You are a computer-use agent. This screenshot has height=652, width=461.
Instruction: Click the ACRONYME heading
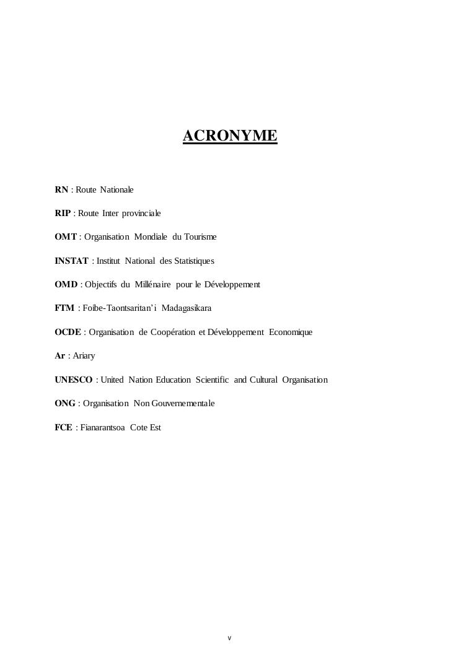(230, 136)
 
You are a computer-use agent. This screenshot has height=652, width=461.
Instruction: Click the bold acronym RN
(61, 189)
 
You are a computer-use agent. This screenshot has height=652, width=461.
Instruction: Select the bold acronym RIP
(63, 213)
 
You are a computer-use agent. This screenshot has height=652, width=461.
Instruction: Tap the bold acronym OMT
(66, 237)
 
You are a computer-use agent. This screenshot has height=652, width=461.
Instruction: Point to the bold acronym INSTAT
(71, 261)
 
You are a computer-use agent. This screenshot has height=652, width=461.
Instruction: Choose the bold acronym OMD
(66, 285)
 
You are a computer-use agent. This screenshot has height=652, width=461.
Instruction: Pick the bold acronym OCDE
(68, 333)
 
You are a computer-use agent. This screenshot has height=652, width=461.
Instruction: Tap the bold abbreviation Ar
(59, 356)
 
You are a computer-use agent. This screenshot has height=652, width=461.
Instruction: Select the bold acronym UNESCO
(74, 380)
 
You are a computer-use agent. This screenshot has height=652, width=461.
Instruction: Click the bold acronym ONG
(65, 404)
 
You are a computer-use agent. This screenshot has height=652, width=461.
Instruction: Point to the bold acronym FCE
(63, 427)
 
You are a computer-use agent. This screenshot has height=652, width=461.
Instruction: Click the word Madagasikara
(186, 308)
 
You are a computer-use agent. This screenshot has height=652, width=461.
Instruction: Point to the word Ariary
(84, 356)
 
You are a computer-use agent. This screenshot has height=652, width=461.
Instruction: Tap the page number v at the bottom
(229, 638)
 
